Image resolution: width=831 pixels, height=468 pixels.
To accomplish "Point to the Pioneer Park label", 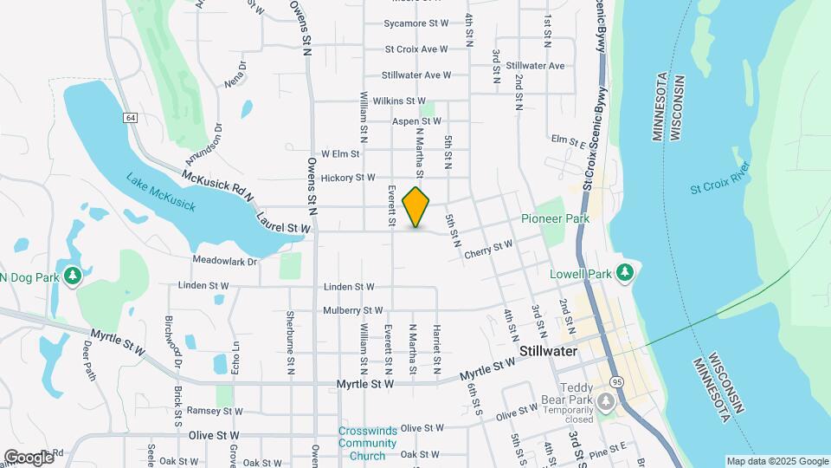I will coord(555,218).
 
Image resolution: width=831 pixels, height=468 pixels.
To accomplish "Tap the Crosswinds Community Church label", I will coord(367,443).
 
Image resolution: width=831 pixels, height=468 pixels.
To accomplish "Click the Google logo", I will coord(29,457).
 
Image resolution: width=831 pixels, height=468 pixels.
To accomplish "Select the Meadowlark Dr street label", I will coord(225,261).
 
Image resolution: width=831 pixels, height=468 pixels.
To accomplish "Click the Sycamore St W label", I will coord(415,23).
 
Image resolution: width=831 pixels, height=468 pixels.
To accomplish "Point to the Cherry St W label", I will coord(488,249).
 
